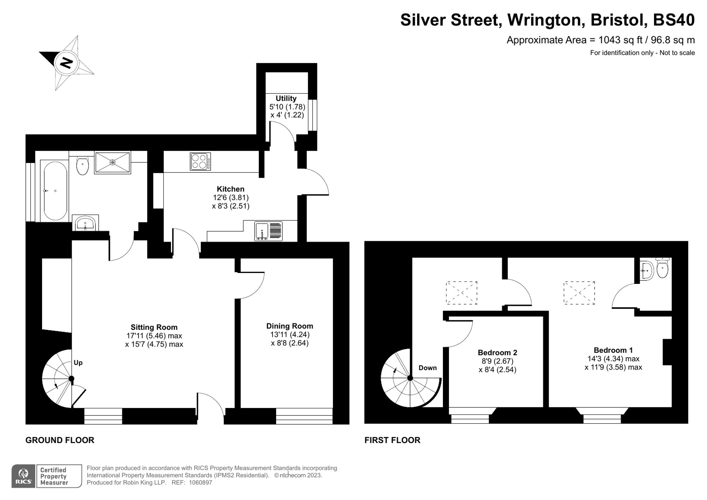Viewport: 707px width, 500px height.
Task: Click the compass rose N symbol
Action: (66, 63)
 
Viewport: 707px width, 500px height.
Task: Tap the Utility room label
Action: (286, 98)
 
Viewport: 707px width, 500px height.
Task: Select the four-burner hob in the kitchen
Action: (200, 162)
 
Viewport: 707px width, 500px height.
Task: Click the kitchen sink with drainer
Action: (269, 231)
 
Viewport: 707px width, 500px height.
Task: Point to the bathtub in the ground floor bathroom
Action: (55, 191)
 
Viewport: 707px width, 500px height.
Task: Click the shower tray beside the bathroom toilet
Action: (112, 162)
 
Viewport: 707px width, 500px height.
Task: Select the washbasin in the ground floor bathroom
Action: (85, 223)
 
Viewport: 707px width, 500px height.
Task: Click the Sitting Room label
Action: (154, 327)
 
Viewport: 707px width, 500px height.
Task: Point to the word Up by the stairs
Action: (78, 362)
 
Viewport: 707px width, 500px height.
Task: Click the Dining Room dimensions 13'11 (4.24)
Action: (290, 335)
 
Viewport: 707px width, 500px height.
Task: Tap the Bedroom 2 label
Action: (497, 353)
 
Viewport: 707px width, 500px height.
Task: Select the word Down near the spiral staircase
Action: (427, 368)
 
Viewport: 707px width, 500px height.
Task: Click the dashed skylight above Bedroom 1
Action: (579, 293)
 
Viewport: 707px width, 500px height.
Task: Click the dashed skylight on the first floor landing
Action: (461, 293)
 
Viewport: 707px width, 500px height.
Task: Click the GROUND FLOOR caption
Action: (60, 440)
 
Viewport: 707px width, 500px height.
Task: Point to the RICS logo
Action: (23, 476)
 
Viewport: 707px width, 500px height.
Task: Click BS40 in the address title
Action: (673, 20)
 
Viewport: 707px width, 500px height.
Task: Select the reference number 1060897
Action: (200, 483)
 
